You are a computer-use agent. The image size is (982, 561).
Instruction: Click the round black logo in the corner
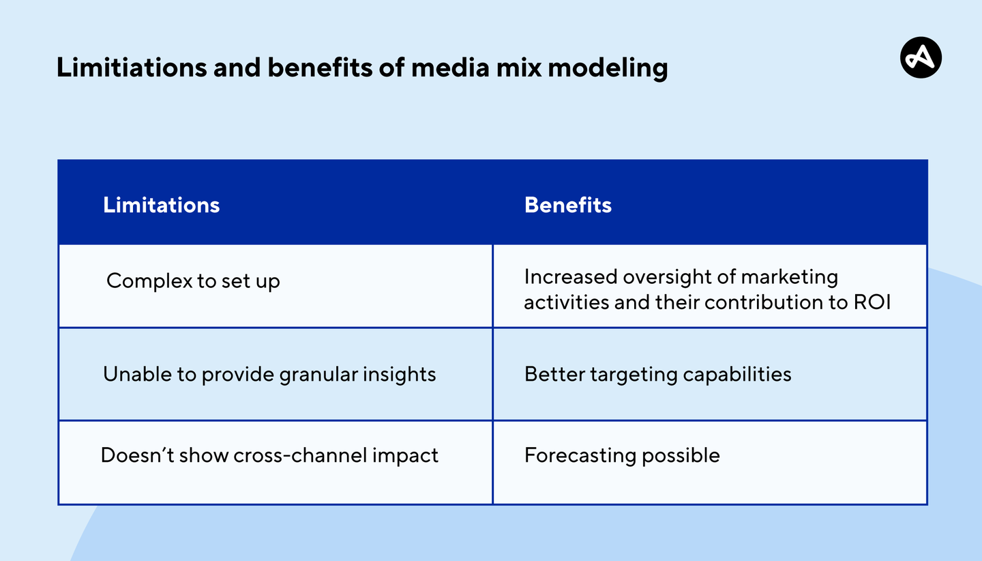(x=921, y=57)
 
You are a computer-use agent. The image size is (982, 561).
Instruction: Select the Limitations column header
(x=161, y=205)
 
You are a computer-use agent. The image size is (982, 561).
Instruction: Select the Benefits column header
(x=567, y=205)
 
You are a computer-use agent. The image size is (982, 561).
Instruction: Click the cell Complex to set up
(x=193, y=281)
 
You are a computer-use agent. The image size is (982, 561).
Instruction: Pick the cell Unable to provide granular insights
(x=269, y=374)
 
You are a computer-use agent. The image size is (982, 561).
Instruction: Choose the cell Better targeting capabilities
(x=657, y=374)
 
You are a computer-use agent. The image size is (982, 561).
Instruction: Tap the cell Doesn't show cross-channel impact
(x=269, y=455)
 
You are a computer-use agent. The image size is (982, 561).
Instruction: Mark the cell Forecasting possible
(x=621, y=455)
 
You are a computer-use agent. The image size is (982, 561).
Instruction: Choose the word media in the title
(x=452, y=68)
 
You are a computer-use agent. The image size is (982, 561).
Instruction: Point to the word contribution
(x=763, y=302)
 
